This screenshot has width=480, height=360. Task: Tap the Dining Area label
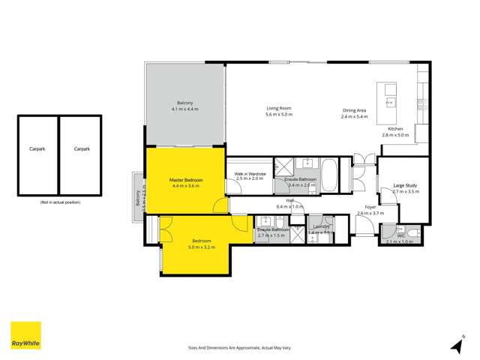coord(355,109)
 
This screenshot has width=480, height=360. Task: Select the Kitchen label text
coord(395,129)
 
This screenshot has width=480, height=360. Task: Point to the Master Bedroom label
coord(184,180)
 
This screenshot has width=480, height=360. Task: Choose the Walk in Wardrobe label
coord(250,173)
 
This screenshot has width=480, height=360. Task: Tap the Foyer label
coord(370,206)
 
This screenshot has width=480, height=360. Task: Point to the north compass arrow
coord(456,345)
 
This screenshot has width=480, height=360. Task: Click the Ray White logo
coord(25,336)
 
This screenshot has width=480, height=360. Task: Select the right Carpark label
coord(82,149)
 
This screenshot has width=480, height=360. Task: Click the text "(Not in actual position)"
coord(59,203)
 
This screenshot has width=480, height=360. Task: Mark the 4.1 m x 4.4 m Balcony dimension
coord(184,109)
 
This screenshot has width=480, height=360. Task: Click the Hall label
coord(288,200)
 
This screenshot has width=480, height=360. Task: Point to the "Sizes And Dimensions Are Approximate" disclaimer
coord(239,347)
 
